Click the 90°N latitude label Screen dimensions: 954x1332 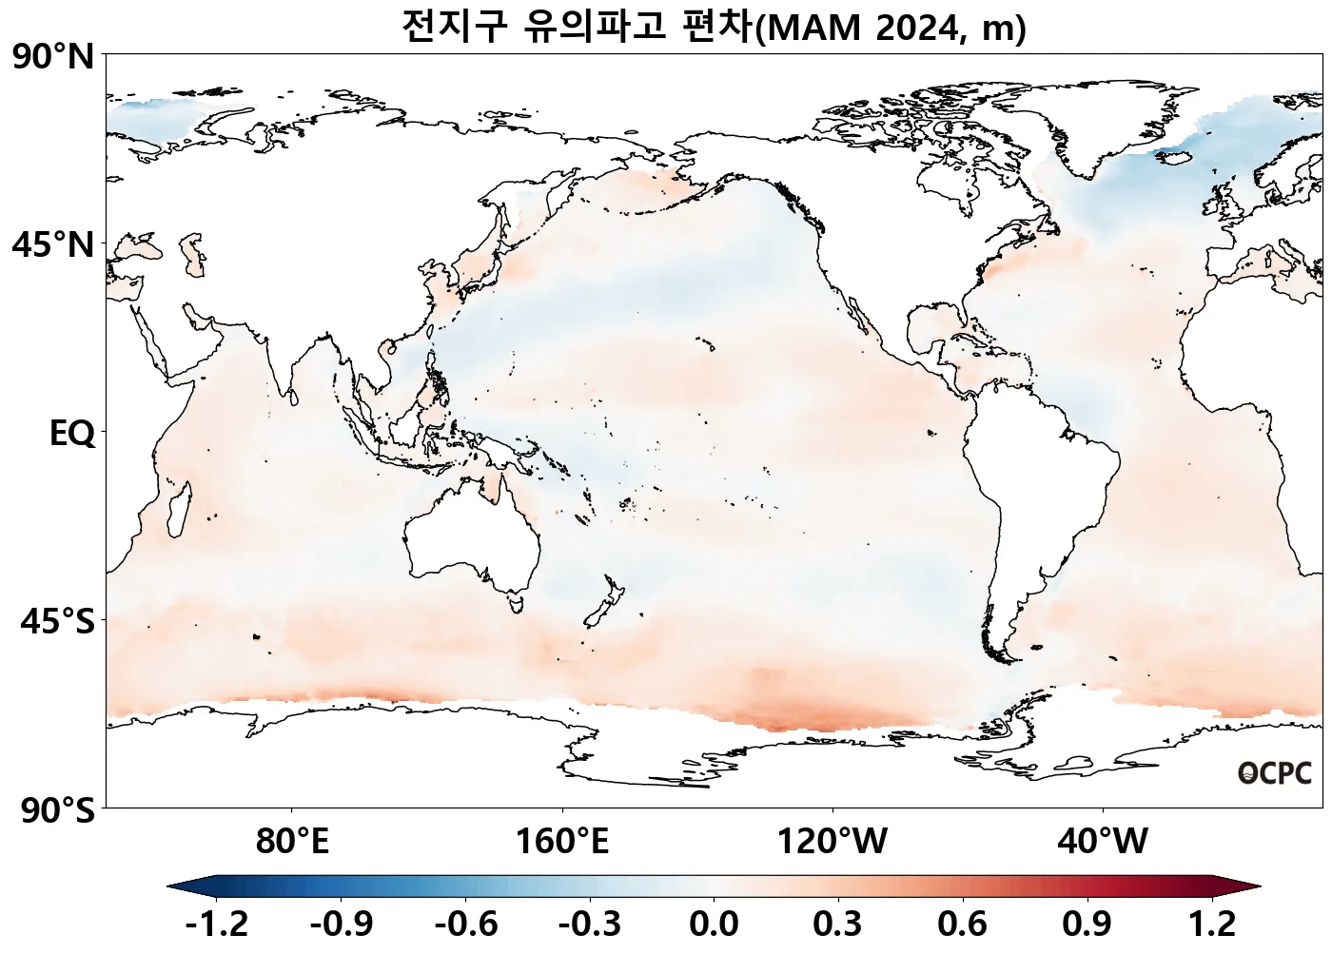pos(54,57)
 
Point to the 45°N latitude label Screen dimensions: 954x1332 pos(54,245)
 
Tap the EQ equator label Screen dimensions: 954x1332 pos(72,434)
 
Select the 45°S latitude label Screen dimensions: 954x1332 pos(57,622)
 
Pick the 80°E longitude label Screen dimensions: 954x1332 pos(292,842)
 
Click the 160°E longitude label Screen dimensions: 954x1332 pos(562,842)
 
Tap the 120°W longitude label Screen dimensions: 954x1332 pos(832,842)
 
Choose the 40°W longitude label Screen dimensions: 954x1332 pos(1103,842)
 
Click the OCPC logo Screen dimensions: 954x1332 pos(1275,773)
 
